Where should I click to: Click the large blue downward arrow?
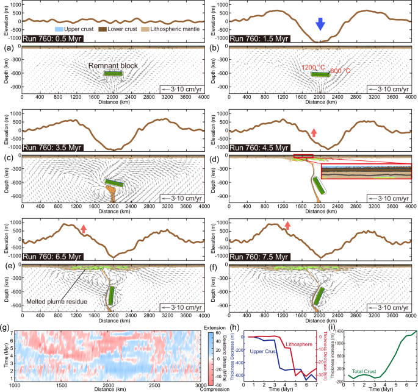320,24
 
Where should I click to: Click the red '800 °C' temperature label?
340,69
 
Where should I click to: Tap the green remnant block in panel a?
113,73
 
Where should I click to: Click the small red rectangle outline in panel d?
303,157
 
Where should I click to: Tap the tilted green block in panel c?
114,182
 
